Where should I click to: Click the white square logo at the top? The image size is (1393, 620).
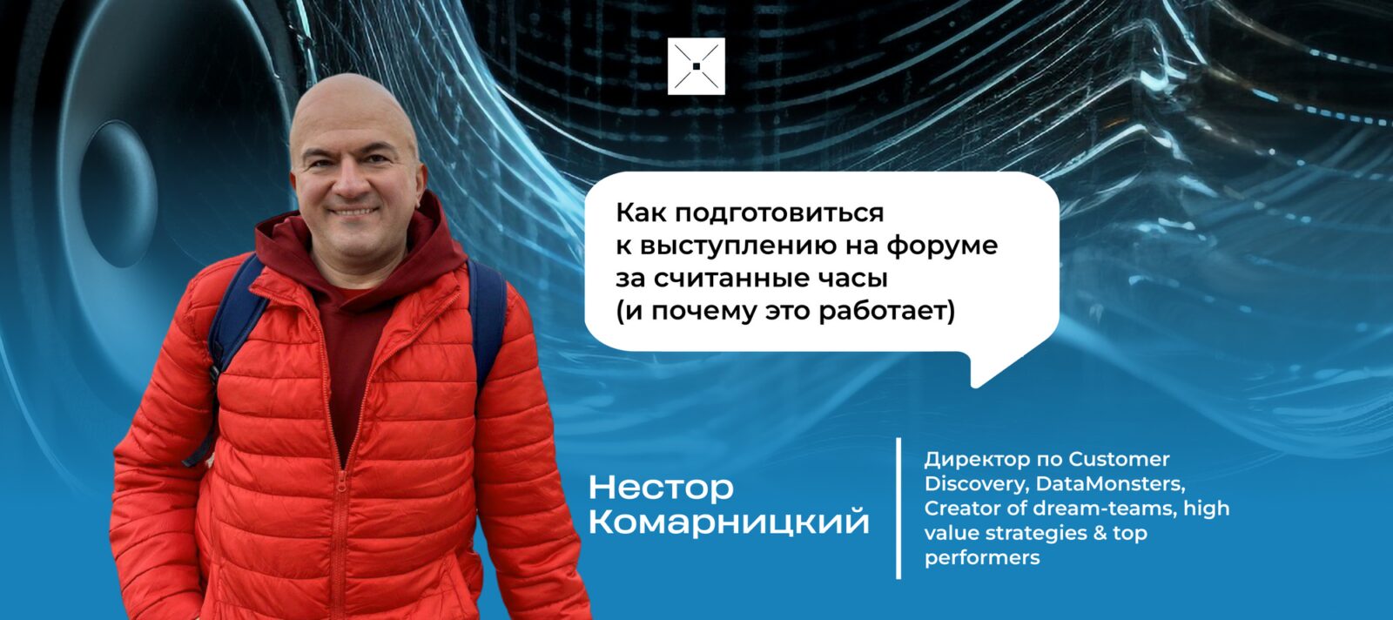click(696, 66)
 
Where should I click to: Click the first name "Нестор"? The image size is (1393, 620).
click(661, 489)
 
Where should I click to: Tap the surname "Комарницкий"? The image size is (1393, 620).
click(728, 522)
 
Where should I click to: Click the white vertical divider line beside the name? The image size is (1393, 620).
click(898, 508)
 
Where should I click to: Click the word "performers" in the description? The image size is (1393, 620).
click(982, 558)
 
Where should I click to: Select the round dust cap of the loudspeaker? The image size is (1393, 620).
click(118, 193)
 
